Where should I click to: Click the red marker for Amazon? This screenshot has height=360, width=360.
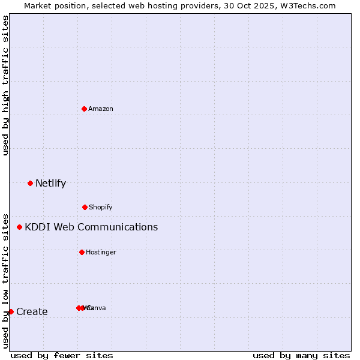click(84, 109)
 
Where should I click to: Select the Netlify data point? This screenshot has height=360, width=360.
click(30, 183)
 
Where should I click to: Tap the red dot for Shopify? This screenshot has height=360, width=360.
click(85, 207)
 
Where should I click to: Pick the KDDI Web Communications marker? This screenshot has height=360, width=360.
click(20, 227)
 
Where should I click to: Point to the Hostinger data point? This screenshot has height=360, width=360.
click(82, 252)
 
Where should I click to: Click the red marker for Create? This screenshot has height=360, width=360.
click(11, 311)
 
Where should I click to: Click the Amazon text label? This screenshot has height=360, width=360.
click(101, 109)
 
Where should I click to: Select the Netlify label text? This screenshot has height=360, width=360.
click(50, 183)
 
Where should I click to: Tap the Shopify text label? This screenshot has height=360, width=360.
click(101, 207)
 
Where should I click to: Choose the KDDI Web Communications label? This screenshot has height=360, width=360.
click(91, 227)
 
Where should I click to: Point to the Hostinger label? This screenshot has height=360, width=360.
click(101, 252)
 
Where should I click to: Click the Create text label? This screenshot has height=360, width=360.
click(32, 311)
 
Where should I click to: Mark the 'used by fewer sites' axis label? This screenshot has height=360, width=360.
click(62, 355)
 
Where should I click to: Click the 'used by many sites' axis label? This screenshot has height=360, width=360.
click(301, 355)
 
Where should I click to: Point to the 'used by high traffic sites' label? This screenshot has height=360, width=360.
click(5, 85)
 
